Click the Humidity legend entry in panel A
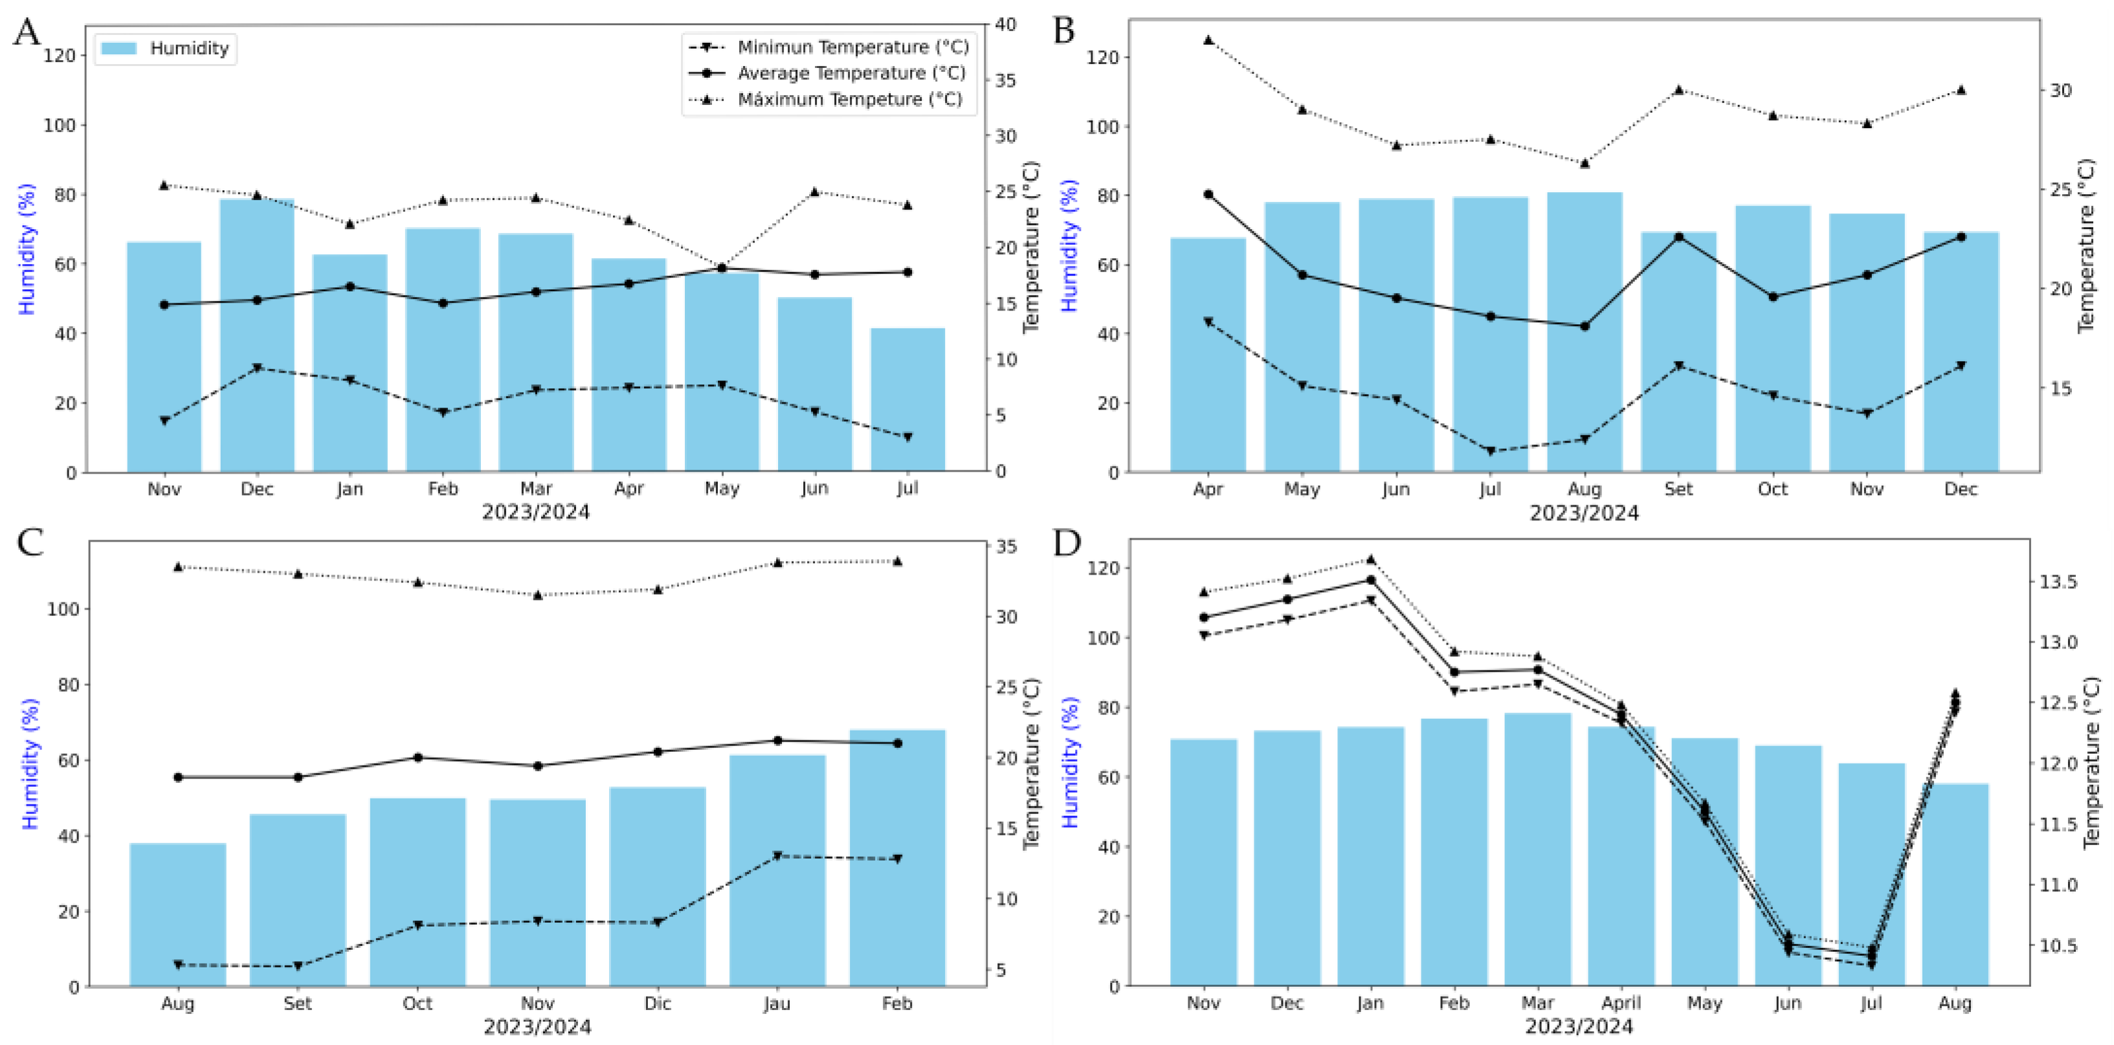point(164,49)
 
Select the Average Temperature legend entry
point(851,73)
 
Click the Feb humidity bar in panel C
point(897,857)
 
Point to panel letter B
point(1063,31)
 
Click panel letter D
point(1066,543)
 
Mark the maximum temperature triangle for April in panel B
point(1208,39)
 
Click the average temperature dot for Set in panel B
point(1678,237)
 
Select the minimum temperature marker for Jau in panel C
point(777,856)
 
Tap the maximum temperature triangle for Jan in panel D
point(1370,560)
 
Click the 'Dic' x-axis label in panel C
point(658,1003)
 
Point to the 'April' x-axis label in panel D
point(1621,1003)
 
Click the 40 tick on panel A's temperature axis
point(1005,25)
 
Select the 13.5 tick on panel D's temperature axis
point(2058,582)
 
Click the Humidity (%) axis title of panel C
point(30,764)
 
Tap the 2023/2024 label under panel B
point(1584,514)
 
